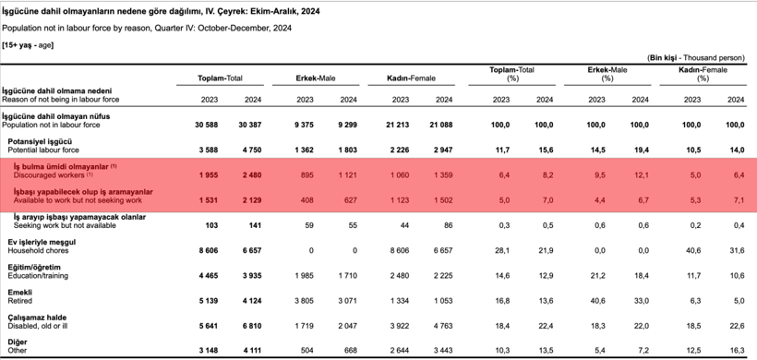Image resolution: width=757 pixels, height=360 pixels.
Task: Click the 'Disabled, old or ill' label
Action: [37, 325]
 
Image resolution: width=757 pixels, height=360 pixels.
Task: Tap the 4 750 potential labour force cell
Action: [249, 149]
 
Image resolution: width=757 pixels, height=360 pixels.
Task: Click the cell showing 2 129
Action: [249, 199]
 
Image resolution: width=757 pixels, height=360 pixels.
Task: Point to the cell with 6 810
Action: [249, 325]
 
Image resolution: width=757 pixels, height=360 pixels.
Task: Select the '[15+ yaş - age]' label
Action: [28, 43]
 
